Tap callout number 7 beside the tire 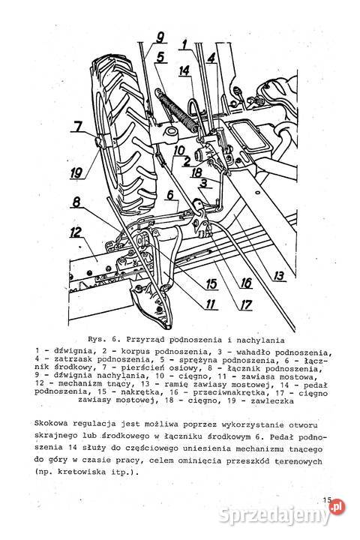click(78, 127)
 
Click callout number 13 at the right click(279, 276)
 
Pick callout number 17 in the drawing click(244, 305)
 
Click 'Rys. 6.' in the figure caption click(101, 337)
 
